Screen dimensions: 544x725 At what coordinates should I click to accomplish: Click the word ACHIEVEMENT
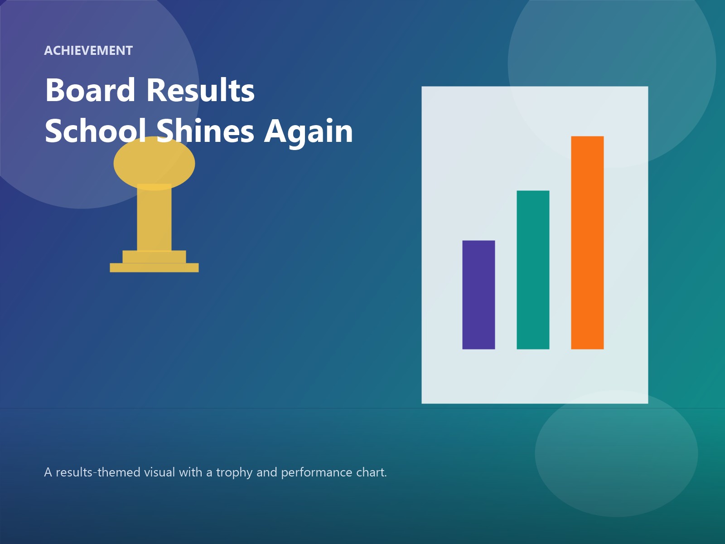pyautogui.click(x=88, y=51)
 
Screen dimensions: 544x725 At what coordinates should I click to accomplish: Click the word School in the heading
pyautogui.click(x=95, y=131)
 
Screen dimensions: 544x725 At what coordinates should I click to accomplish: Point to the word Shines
pyautogui.click(x=205, y=131)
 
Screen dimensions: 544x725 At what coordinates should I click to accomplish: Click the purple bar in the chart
pyautogui.click(x=478, y=295)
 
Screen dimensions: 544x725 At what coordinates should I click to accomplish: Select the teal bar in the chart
pyautogui.click(x=533, y=270)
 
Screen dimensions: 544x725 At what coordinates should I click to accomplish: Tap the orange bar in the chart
pyautogui.click(x=587, y=243)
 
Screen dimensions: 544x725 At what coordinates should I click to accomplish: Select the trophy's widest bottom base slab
pyautogui.click(x=154, y=267)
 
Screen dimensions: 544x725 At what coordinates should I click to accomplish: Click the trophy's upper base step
pyautogui.click(x=154, y=257)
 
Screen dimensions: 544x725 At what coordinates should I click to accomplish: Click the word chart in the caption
pyautogui.click(x=371, y=472)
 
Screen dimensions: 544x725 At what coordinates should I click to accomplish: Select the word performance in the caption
pyautogui.click(x=316, y=472)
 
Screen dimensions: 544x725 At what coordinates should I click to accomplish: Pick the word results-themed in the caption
pyautogui.click(x=98, y=472)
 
